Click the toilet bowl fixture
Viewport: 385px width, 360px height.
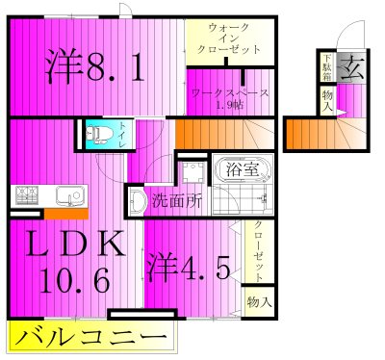[95, 135]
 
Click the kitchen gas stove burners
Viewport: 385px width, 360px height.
[26, 197]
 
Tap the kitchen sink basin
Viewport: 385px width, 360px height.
[68, 198]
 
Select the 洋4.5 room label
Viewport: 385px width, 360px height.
[190, 267]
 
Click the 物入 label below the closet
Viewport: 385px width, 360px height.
[258, 301]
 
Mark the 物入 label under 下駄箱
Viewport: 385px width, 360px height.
[327, 100]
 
